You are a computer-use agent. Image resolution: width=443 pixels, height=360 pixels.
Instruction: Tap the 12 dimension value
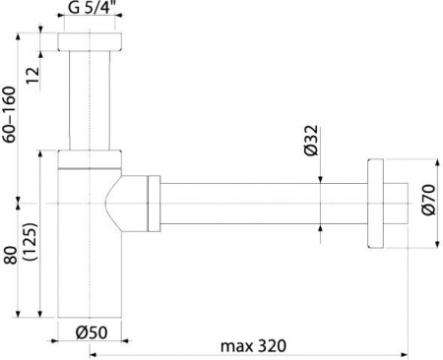(33, 75)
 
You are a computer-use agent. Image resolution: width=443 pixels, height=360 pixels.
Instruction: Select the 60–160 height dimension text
(9, 114)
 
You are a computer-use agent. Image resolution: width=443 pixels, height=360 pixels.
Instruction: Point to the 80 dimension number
(11, 255)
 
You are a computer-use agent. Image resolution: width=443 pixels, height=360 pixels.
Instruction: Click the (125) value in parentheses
(32, 242)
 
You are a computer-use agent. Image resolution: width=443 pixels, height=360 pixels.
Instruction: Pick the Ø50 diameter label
(92, 333)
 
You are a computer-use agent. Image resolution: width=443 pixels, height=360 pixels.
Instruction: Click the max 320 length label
(253, 346)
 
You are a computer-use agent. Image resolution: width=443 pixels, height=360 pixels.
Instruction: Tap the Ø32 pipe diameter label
(311, 141)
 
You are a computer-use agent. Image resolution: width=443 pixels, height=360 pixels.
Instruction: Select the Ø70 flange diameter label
(429, 200)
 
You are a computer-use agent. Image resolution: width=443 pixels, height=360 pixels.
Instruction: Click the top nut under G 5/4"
(90, 41)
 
